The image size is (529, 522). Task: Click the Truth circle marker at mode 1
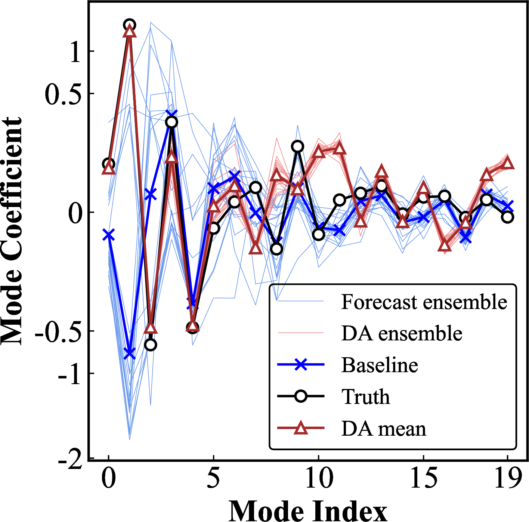click(129, 25)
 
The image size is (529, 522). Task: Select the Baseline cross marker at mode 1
click(129, 353)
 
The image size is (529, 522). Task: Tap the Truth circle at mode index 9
click(297, 146)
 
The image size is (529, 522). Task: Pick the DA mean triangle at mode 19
click(508, 163)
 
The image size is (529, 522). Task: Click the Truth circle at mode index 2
click(151, 345)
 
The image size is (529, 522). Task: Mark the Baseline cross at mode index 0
click(108, 235)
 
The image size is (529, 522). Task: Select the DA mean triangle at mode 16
click(445, 245)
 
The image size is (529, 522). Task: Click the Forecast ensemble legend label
click(424, 302)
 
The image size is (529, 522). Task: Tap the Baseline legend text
click(380, 365)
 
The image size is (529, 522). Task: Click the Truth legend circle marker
click(301, 396)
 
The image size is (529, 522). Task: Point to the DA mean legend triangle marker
click(301, 428)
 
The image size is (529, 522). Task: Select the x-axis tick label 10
click(319, 478)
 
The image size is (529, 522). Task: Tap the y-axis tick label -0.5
click(58, 331)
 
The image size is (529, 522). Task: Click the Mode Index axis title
click(308, 510)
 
